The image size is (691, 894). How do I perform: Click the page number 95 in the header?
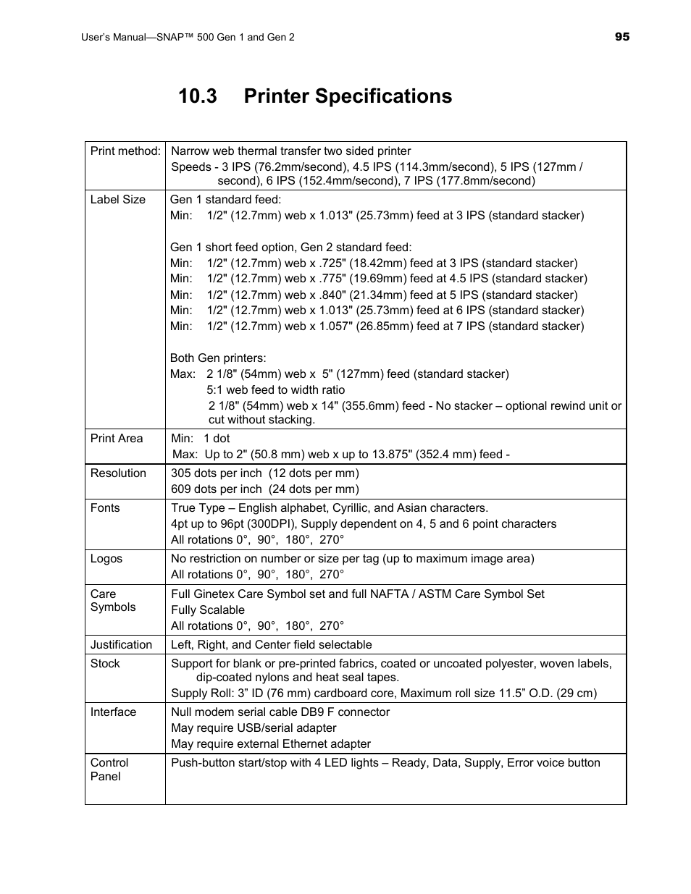point(622,37)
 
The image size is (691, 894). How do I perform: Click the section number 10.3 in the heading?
point(198,96)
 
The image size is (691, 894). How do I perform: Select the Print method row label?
point(125,151)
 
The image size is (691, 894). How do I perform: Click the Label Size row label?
point(117,200)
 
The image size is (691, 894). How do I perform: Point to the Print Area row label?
point(117,439)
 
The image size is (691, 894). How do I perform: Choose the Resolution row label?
point(118,473)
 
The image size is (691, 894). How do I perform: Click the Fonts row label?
point(105,508)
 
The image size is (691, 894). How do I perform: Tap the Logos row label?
point(106,559)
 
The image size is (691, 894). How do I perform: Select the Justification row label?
point(121,645)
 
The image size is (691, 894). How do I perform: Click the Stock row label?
point(105,664)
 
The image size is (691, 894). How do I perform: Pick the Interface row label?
point(113,712)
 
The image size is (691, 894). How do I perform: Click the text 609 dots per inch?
point(216,489)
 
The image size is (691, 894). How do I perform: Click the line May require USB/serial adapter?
point(254,728)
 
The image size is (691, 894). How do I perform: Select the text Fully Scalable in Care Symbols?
point(208,610)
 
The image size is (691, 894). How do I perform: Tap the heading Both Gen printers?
point(218,358)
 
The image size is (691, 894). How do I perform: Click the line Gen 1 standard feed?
point(225,200)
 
